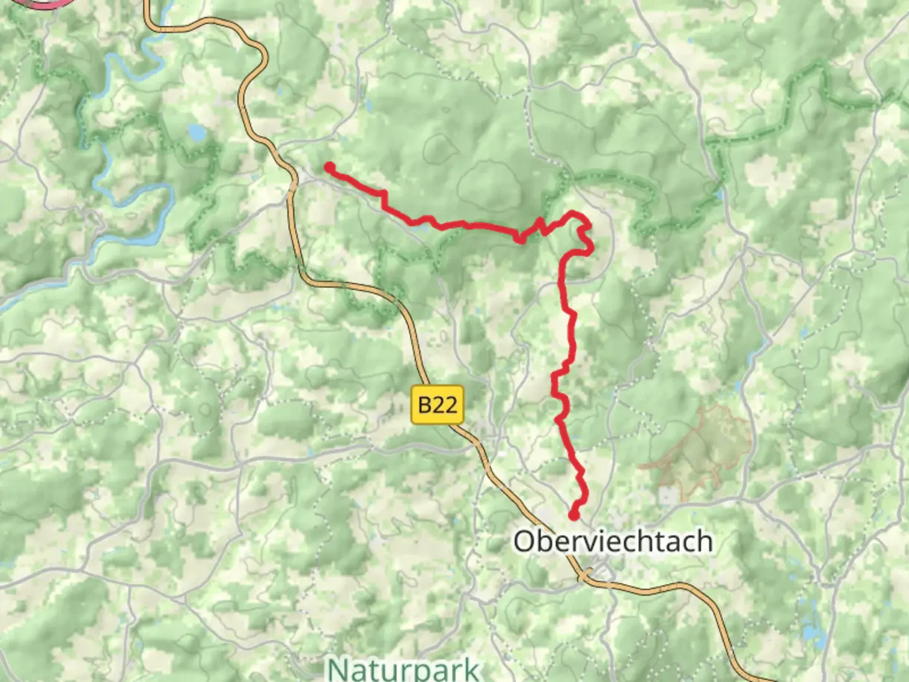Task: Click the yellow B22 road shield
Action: click(x=437, y=404)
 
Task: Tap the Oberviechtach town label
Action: click(x=613, y=542)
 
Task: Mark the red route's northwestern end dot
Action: click(x=330, y=167)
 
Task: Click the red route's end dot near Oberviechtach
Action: click(x=574, y=515)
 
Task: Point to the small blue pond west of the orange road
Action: click(x=196, y=133)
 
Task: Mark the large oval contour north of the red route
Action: click(x=489, y=185)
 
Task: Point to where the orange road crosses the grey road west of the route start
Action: click(x=292, y=185)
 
